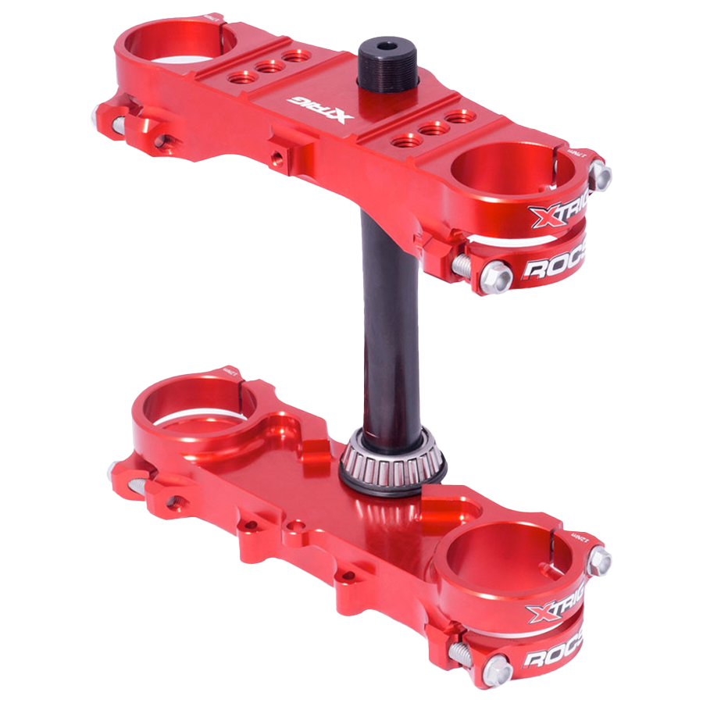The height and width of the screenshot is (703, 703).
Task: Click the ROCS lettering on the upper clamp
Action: tap(555, 268)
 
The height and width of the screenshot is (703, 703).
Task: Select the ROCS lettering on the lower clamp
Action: tap(554, 657)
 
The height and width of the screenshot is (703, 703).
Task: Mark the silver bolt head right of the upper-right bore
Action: tap(600, 175)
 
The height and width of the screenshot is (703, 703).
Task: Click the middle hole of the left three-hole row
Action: tap(269, 67)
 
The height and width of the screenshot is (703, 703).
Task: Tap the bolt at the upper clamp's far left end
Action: tap(102, 115)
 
